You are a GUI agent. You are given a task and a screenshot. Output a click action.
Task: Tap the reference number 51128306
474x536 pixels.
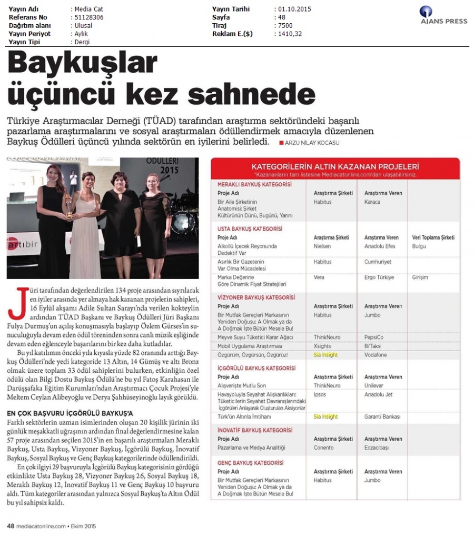(x=88, y=17)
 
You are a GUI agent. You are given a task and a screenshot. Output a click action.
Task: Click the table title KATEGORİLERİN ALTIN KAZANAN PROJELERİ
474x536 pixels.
(x=335, y=165)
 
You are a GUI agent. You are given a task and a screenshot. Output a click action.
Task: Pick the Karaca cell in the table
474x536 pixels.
(x=372, y=202)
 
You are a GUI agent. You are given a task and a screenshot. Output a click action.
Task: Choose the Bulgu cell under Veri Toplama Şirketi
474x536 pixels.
(x=419, y=246)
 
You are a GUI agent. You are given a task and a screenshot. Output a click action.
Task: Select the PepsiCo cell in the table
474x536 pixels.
(x=374, y=336)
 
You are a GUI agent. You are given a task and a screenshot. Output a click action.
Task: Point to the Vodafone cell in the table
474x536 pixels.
(x=376, y=355)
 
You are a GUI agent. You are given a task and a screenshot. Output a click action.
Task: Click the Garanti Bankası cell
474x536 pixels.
(x=382, y=416)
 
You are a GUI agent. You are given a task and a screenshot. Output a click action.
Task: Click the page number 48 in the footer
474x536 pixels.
(x=10, y=525)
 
